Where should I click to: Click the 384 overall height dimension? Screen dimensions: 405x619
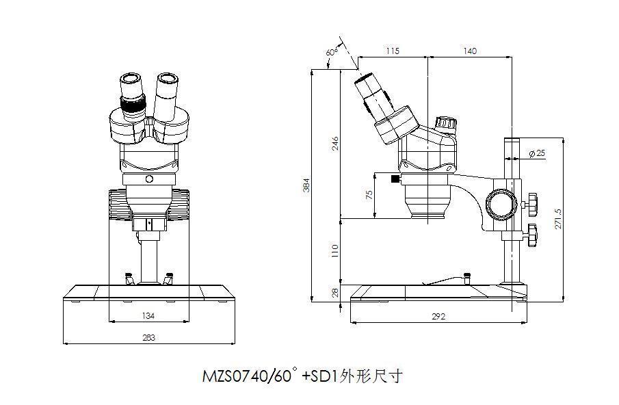pos(307,185)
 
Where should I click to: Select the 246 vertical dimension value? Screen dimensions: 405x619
pos(335,144)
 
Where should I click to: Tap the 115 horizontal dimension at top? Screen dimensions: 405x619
pos(392,51)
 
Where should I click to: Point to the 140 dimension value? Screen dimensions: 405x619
pos(470,51)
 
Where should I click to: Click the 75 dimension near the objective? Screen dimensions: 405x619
pos(370,195)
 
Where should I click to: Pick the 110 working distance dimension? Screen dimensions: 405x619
pos(335,251)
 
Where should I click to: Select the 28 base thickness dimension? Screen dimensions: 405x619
pos(335,293)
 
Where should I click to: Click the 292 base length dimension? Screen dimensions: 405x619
pos(438,317)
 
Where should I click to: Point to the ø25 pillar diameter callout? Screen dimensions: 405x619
pos(538,153)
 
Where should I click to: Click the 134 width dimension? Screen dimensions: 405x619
pos(148,316)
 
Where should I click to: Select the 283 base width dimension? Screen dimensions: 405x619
pos(148,337)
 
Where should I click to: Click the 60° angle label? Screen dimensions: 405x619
pos(332,52)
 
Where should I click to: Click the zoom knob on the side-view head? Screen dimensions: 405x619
pos(446,124)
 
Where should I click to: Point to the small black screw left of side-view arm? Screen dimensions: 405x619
pos(395,179)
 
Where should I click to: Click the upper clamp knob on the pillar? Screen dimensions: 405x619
pos(531,203)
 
